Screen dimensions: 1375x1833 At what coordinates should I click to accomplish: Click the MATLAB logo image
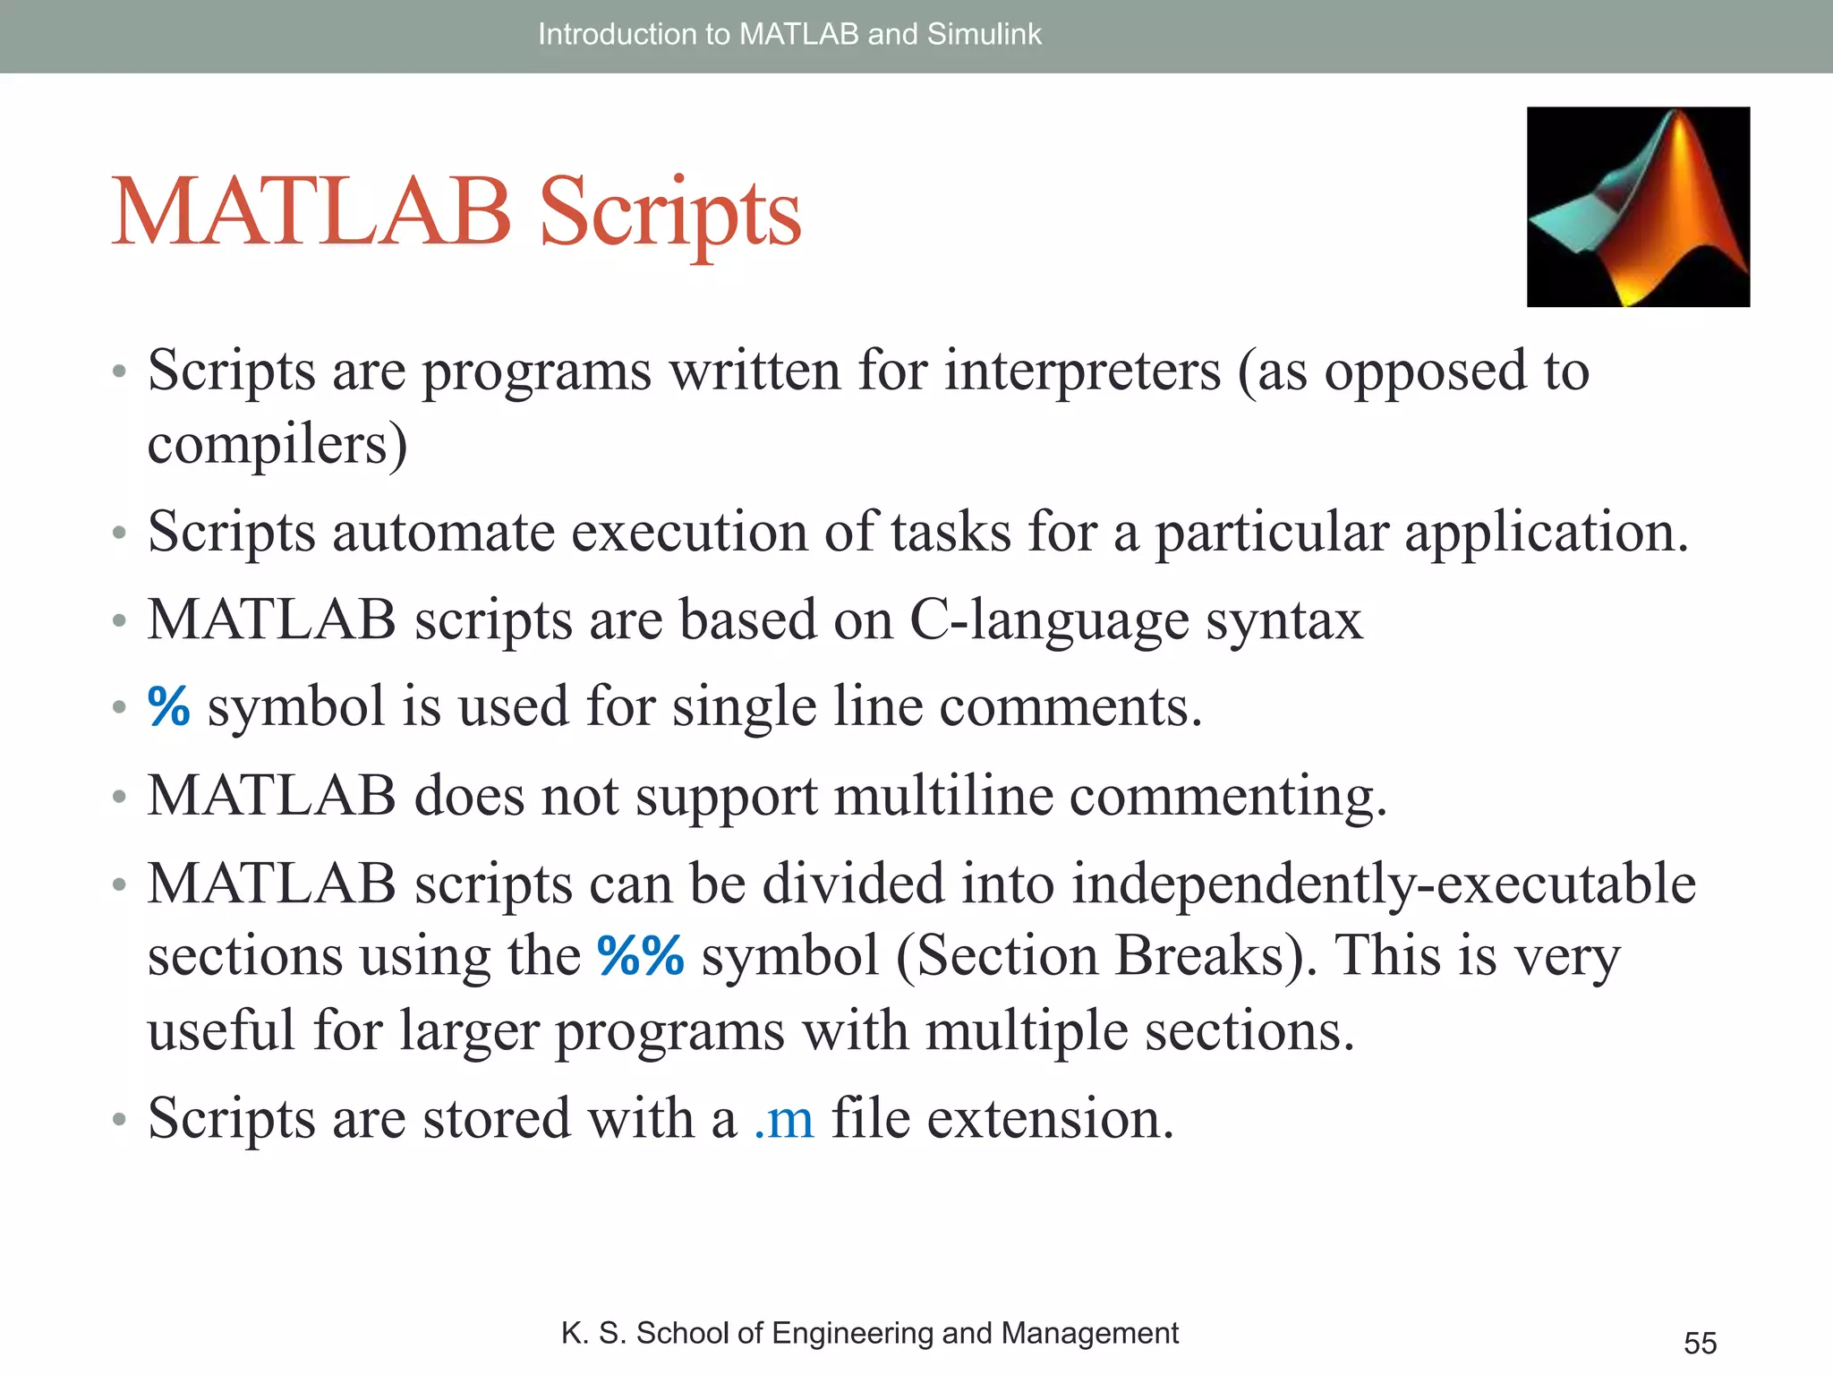point(1638,207)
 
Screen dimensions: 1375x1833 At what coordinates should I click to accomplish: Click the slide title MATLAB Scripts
point(456,213)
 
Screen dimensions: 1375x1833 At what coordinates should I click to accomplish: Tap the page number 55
point(1700,1343)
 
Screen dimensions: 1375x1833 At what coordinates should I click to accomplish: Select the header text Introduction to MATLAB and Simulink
point(789,34)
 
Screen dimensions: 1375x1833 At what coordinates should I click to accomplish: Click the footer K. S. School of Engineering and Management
point(869,1333)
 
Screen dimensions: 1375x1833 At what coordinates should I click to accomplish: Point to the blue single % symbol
point(169,706)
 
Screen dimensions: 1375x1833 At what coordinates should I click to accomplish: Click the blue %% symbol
point(641,955)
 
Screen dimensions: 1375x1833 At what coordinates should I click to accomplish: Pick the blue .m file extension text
point(784,1119)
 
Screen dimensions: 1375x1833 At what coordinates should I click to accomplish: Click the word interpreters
point(1082,372)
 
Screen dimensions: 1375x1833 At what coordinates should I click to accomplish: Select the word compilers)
point(277,445)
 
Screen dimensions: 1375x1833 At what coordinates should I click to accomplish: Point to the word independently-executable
point(1383,884)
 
